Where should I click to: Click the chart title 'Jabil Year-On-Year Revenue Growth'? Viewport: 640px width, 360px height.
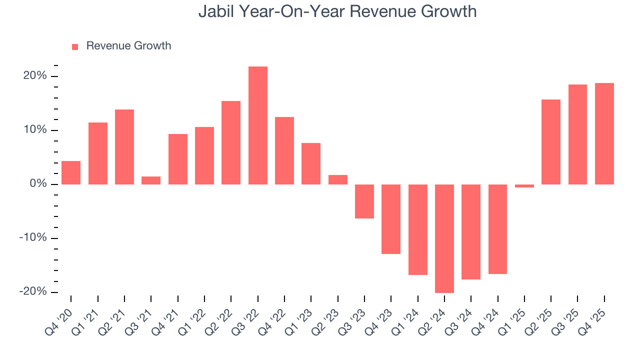point(337,11)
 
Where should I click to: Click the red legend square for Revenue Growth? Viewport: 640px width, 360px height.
point(75,46)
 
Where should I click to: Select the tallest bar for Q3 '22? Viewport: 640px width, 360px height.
point(258,125)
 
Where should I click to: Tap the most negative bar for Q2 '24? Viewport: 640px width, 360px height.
point(444,238)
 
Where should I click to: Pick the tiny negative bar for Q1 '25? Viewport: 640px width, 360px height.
point(524,186)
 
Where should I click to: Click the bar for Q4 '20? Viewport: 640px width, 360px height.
point(71,172)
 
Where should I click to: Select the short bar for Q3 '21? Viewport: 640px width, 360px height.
point(151,180)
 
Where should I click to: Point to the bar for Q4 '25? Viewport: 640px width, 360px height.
point(604,133)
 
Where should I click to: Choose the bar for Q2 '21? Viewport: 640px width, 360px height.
point(124,147)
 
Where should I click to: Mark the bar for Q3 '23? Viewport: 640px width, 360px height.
point(364,201)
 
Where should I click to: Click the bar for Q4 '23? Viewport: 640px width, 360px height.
point(391,219)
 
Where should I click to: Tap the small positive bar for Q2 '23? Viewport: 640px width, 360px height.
point(338,179)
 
